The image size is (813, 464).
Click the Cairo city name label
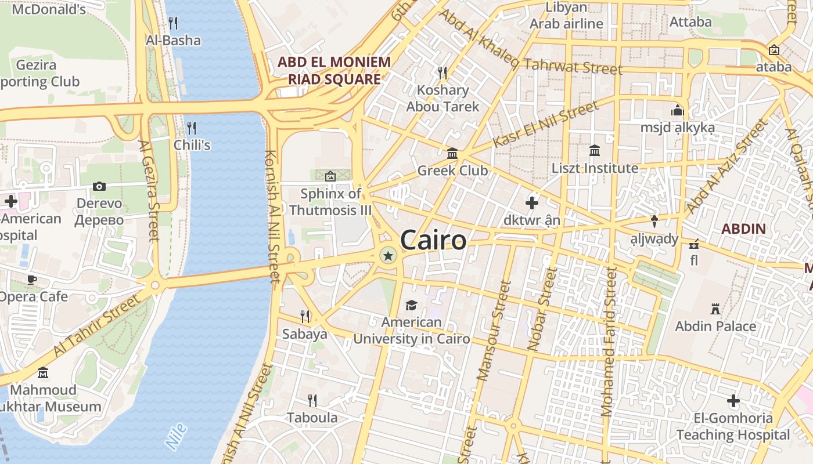(x=433, y=240)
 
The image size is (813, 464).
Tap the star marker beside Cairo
(x=388, y=255)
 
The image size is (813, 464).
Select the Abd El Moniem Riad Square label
(x=334, y=70)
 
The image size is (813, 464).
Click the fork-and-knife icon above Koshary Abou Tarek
(x=443, y=72)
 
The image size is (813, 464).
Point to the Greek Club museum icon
(x=452, y=154)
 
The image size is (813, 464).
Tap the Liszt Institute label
(x=594, y=168)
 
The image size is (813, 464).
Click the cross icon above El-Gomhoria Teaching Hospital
(x=733, y=401)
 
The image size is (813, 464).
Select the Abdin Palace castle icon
(x=715, y=309)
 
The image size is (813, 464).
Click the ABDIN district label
(x=744, y=229)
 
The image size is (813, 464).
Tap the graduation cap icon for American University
(x=411, y=305)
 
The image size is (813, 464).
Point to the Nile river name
(x=176, y=436)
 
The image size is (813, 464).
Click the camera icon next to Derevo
(x=99, y=186)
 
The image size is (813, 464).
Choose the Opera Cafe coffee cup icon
(x=32, y=280)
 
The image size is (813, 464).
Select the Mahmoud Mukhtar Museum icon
(x=43, y=372)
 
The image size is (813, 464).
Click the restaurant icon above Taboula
(x=312, y=400)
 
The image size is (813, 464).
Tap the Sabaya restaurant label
(x=305, y=334)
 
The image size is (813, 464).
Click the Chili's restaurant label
(x=192, y=144)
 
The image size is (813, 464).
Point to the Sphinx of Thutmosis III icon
(x=330, y=176)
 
